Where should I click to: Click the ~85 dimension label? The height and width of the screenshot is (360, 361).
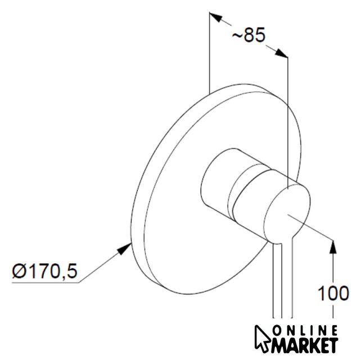(249, 35)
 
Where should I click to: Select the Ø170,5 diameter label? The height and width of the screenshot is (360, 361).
(44, 271)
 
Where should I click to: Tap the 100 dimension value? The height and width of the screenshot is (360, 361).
(333, 293)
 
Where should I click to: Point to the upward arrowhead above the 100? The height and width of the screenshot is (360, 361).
(333, 246)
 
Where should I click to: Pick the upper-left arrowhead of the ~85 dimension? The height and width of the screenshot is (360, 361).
(216, 17)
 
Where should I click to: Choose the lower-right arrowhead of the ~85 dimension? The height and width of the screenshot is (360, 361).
(281, 53)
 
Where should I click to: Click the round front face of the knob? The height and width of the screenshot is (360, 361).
(287, 213)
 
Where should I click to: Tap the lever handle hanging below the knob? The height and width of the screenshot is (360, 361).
(283, 276)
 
